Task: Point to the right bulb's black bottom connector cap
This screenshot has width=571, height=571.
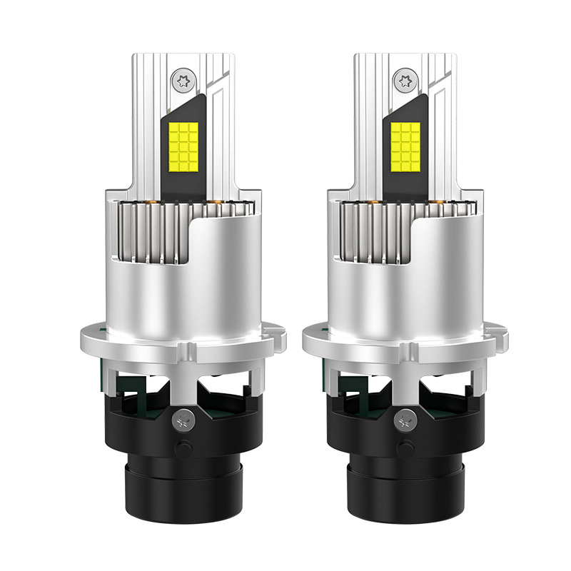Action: pyautogui.click(x=404, y=492)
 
